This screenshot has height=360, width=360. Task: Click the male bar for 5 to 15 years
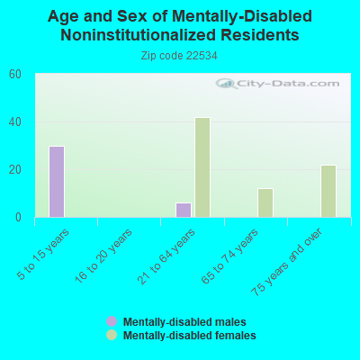[x=57, y=182]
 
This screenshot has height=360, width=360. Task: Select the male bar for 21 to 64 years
[x=184, y=210]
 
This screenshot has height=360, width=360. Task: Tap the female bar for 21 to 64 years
[x=202, y=167]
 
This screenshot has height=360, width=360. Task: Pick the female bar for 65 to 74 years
[x=265, y=202]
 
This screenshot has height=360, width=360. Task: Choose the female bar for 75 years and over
[x=328, y=191]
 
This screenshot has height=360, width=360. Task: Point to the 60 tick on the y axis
[x=15, y=74]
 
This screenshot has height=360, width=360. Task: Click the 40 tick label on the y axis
[x=15, y=121]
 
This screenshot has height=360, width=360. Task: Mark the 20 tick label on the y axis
[x=15, y=169]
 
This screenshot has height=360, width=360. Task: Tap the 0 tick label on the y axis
[x=19, y=217]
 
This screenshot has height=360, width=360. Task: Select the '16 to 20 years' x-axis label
[x=104, y=256]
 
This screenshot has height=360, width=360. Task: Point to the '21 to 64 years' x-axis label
[x=167, y=256]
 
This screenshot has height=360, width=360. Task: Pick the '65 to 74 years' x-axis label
[x=230, y=256]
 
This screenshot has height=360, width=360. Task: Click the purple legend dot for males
[x=112, y=321]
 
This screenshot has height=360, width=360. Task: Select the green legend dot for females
[x=112, y=335]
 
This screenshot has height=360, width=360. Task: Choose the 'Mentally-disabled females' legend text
[x=189, y=335]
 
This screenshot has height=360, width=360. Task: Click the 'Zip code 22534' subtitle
[x=179, y=55]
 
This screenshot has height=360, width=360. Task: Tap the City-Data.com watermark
[x=277, y=84]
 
